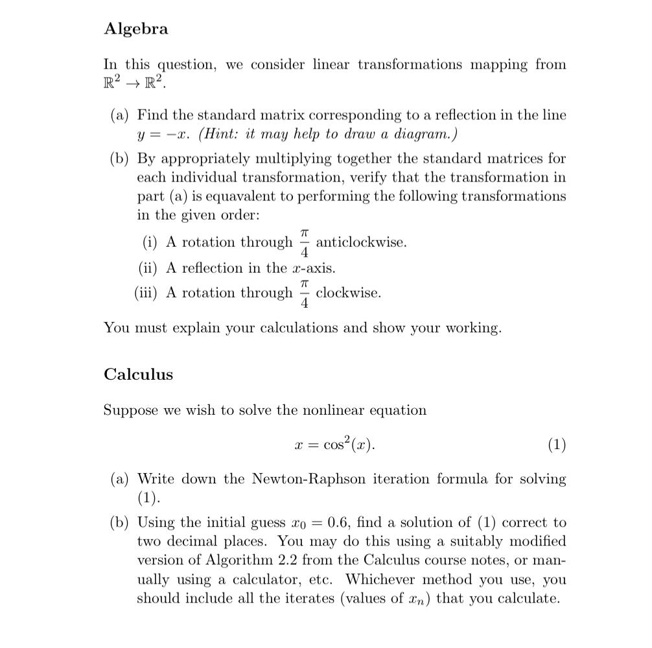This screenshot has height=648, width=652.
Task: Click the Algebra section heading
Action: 135,29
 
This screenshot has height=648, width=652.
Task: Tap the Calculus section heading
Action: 138,375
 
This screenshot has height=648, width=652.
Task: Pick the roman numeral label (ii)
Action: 149,268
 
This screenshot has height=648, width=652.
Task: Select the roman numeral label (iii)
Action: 146,293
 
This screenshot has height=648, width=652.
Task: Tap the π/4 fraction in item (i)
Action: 305,242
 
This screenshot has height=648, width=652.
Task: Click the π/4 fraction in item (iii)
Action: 305,293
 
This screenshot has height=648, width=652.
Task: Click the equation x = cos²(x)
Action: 334,445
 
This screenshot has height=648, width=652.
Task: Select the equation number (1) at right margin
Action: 556,445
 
